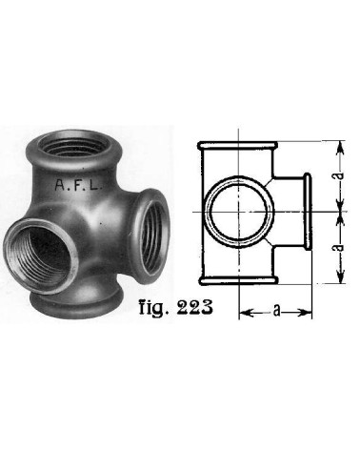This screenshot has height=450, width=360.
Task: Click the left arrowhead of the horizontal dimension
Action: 242,312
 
